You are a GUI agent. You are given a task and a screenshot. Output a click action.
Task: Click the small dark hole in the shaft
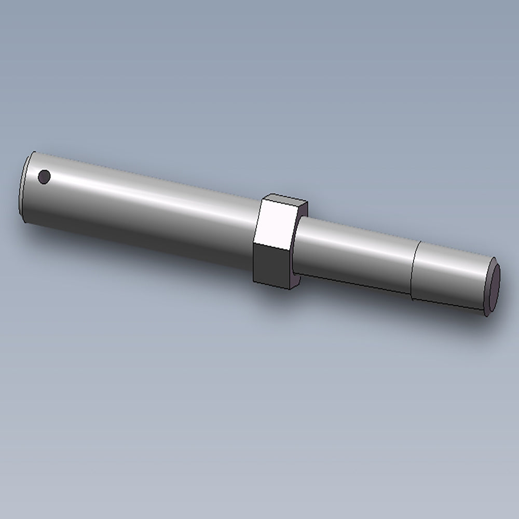(45, 177)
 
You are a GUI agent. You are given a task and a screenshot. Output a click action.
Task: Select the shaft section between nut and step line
(353, 254)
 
